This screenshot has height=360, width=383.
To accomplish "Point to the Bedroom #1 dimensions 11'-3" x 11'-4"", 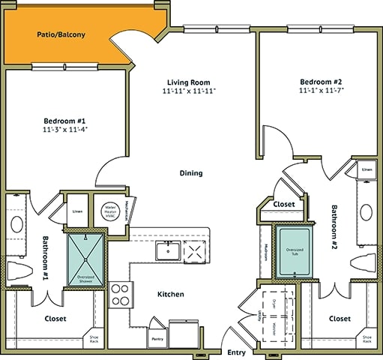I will tap(65, 128).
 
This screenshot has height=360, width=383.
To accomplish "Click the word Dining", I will tap(191, 173).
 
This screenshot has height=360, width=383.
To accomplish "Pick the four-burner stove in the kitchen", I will tap(120, 295).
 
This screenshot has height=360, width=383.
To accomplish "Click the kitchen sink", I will tap(166, 250).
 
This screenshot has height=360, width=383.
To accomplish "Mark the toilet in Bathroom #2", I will tap(364, 263).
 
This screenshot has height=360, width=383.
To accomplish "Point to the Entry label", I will tap(235, 352).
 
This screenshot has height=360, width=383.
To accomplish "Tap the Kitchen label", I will tap(171, 294).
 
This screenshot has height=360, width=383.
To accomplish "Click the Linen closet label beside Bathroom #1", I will tap(77, 211).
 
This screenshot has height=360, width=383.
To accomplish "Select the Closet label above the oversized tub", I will tap(284, 203).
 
